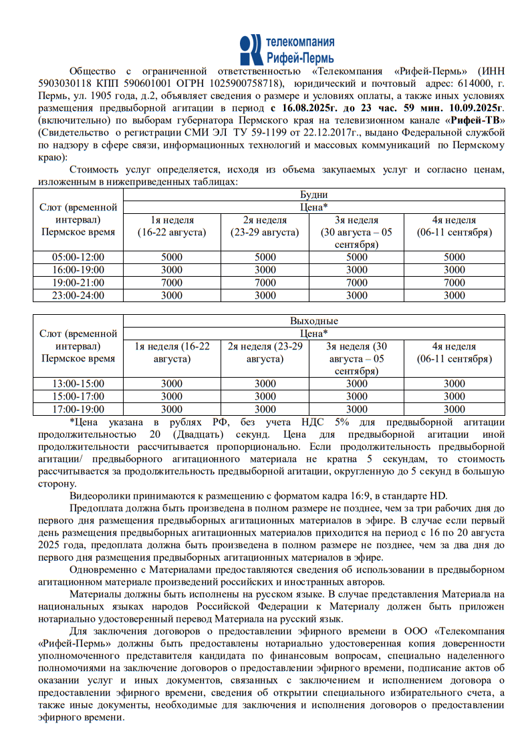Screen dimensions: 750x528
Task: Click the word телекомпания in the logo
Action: pos(300,42)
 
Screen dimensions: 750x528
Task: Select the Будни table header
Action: pos(314,195)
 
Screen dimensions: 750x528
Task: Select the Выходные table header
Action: pos(314,321)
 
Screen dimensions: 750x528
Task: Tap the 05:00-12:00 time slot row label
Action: pos(78,257)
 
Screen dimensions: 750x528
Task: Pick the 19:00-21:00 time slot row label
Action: pos(78,282)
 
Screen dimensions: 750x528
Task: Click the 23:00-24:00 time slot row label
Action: pos(78,295)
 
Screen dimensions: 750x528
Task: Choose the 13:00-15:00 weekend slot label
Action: pos(78,384)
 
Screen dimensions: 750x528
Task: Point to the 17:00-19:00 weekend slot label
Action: pos(78,409)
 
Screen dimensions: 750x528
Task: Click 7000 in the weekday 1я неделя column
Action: pos(172,282)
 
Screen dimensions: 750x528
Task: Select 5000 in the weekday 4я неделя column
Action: pos(454,257)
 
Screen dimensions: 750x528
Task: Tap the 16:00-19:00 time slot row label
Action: pos(78,269)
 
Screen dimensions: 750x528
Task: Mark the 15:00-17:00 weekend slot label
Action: pos(78,396)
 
